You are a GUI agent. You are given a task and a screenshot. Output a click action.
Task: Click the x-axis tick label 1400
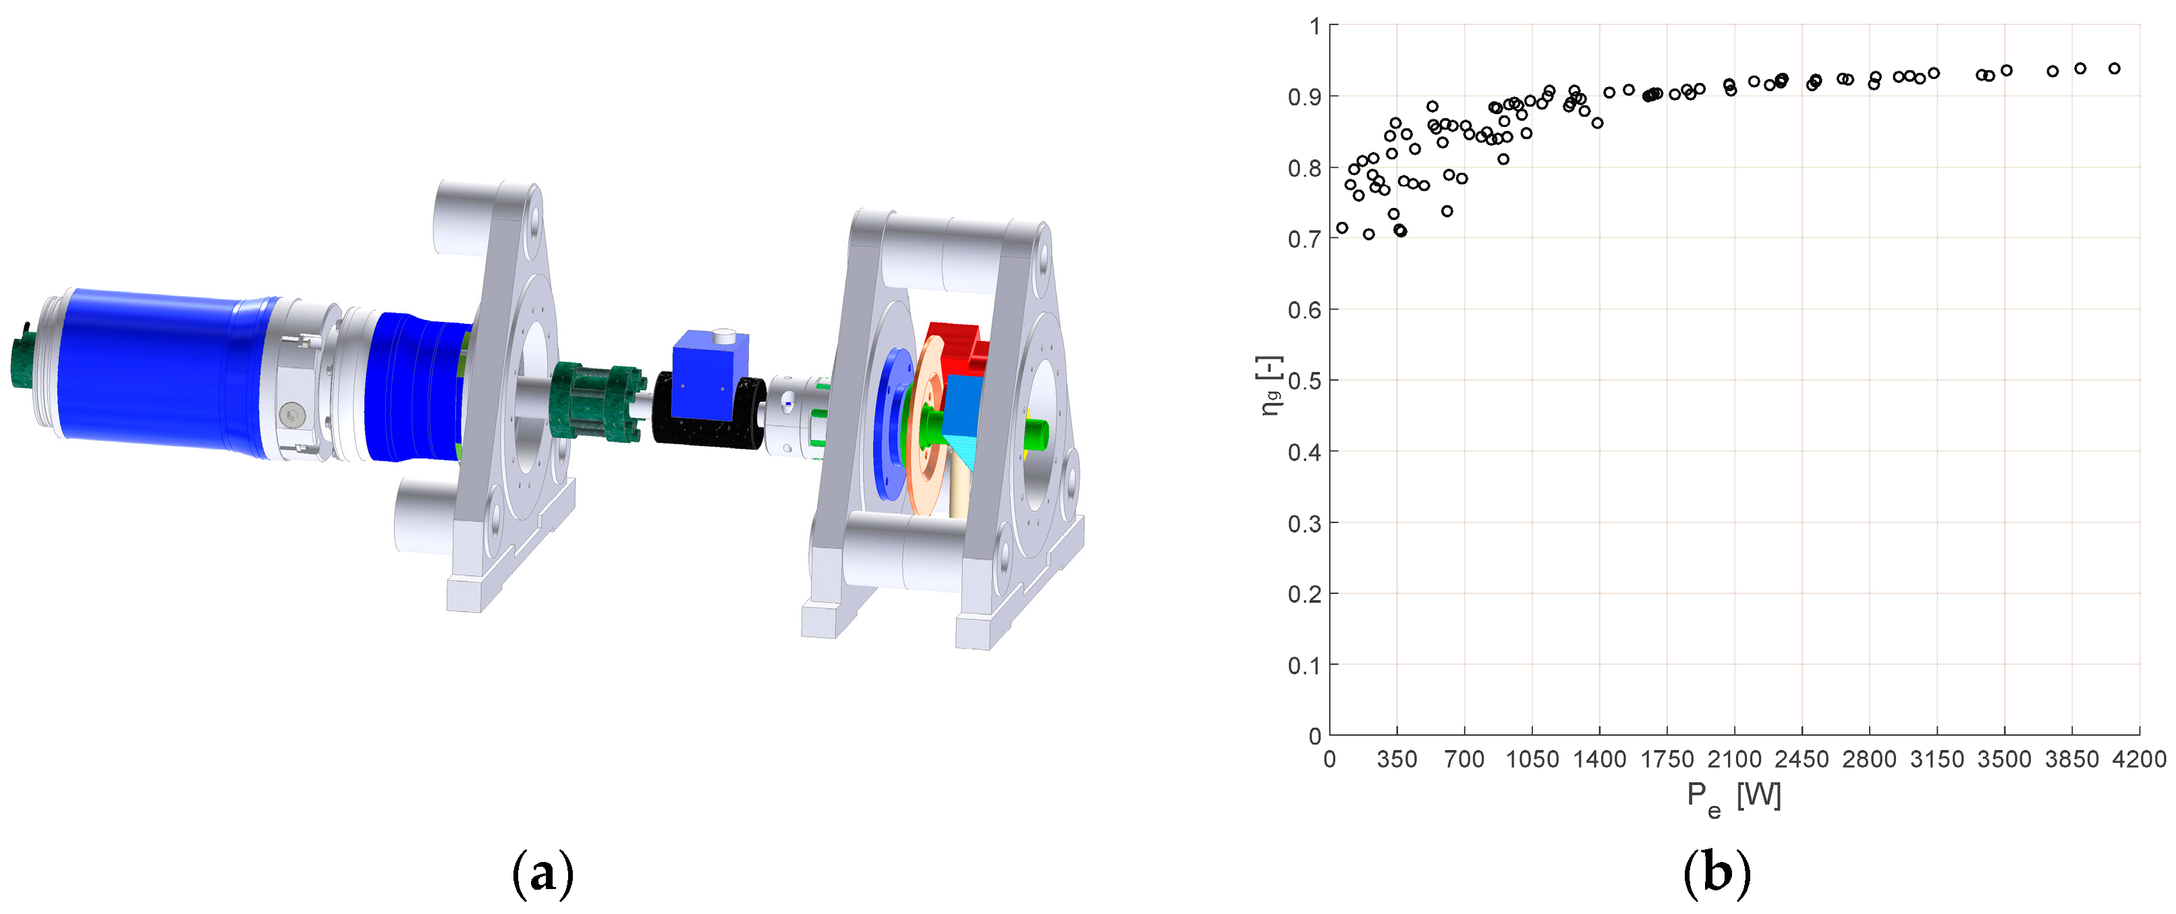[1599, 759]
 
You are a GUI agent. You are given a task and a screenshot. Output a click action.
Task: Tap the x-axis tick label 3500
[2004, 759]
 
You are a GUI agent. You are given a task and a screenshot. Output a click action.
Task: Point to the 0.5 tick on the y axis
[1304, 381]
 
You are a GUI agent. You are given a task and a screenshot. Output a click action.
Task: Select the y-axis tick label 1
[1315, 26]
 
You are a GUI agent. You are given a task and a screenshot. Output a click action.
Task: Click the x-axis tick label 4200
[2139, 759]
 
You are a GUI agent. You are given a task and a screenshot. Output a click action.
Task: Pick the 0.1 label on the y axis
[1304, 666]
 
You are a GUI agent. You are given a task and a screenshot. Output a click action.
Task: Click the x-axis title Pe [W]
[1733, 799]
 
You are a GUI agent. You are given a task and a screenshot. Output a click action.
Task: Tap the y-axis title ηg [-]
[1271, 385]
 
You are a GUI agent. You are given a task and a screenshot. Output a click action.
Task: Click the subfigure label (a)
[543, 874]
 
